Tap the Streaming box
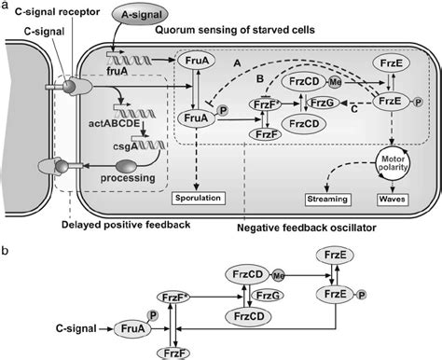[x=326, y=199]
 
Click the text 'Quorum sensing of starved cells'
[x=240, y=29]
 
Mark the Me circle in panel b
[x=279, y=276]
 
